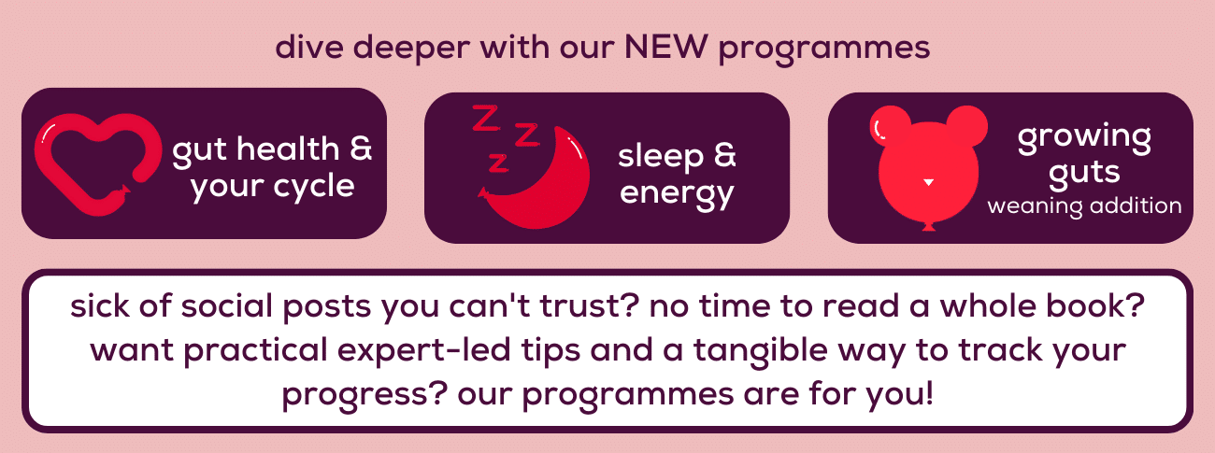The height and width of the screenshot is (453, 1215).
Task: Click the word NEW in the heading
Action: [666, 47]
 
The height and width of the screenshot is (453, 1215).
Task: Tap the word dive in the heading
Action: [309, 47]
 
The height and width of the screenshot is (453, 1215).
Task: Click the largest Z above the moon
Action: [485, 118]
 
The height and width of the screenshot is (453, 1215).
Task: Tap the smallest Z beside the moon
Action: [498, 162]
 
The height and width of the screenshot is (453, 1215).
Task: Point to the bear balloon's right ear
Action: [968, 124]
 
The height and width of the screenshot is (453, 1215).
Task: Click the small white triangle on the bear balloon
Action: [929, 182]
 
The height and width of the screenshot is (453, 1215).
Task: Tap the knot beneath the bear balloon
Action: [929, 226]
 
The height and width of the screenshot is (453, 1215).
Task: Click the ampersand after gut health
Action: [361, 148]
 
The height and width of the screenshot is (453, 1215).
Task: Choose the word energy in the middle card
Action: [677, 194]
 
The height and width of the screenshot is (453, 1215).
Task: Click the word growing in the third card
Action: [1084, 138]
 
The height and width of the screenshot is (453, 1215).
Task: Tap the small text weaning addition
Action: [1084, 206]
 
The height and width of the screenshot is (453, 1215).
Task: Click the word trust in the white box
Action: [579, 306]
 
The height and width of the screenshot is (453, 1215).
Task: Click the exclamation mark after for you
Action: [930, 393]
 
